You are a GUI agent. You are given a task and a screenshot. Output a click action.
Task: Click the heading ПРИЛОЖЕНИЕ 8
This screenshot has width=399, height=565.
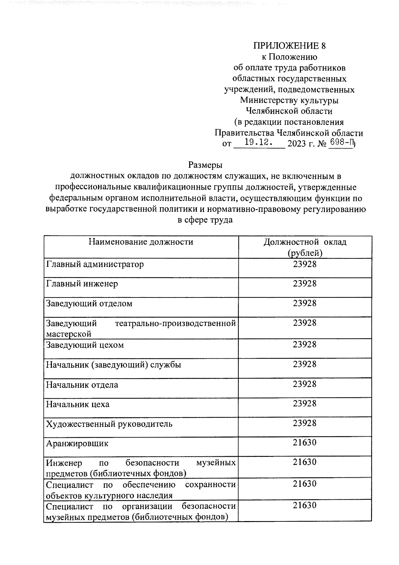coord(289,46)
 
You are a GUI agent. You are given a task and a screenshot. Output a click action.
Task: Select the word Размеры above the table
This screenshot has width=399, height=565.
coord(205,165)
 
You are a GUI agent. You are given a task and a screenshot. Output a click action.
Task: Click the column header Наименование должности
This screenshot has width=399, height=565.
coord(141,242)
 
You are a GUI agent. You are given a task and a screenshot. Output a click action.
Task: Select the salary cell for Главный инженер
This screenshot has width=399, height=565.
coord(305,284)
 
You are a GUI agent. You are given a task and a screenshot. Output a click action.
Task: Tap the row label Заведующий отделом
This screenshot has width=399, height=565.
coord(89,303)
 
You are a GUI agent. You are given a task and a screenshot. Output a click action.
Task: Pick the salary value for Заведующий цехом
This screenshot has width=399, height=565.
coord(305,344)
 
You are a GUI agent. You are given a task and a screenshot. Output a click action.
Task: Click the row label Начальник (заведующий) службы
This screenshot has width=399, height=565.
coord(113,365)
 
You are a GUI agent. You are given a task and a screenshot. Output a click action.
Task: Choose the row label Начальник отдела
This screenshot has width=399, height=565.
coord(82,385)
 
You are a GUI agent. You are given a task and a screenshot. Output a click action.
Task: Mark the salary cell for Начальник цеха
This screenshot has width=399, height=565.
coord(305,404)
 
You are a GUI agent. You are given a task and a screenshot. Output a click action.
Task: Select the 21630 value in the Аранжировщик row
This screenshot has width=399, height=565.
coord(305,443)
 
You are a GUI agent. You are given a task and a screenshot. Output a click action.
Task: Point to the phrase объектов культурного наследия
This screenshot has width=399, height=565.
coord(109,495)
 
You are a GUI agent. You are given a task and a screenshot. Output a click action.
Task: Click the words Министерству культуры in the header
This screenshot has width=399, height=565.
coord(289,100)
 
